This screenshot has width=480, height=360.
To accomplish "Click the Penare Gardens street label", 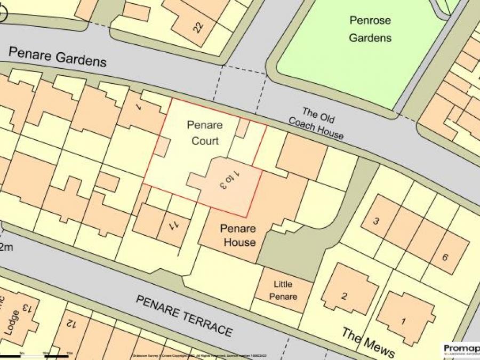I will click(x=58, y=57).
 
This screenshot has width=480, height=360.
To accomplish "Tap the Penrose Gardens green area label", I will click(x=370, y=29).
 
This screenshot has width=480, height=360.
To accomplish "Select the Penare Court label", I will click(x=205, y=133).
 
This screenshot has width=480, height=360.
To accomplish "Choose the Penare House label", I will click(x=238, y=236).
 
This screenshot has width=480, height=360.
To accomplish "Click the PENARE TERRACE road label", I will click(x=185, y=315).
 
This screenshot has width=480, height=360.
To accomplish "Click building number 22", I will click(x=198, y=27).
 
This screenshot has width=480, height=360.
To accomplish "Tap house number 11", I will click(x=174, y=226).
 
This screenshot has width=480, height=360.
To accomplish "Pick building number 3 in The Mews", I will click(x=376, y=221).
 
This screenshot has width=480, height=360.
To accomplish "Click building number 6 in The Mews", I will click(x=444, y=257).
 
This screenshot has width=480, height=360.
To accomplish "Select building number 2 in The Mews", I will click(x=345, y=296).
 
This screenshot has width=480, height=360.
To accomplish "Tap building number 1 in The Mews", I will click(x=403, y=321).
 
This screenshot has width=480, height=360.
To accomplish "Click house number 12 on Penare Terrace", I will click(x=70, y=323).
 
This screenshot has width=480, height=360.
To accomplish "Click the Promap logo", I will click(x=461, y=349).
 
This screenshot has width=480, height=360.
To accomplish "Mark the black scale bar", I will click(x=34, y=356).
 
